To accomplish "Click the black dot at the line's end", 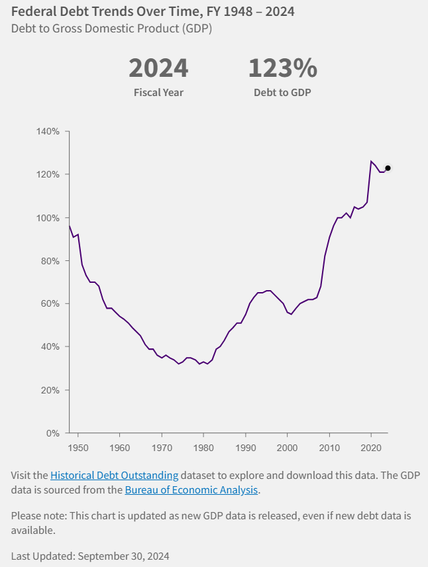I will pyautogui.click(x=388, y=168).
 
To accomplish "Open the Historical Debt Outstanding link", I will pyautogui.click(x=114, y=475).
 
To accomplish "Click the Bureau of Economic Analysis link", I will pyautogui.click(x=191, y=490).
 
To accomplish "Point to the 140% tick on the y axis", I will pyautogui.click(x=49, y=132).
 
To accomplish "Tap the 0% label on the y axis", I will pyautogui.click(x=53, y=433).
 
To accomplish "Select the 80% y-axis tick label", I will pyautogui.click(x=51, y=261).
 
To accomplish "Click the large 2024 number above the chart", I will pyautogui.click(x=158, y=68).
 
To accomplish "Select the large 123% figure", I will pyautogui.click(x=282, y=68).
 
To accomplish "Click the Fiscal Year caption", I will pyautogui.click(x=158, y=92).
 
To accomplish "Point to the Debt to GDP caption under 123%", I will pyautogui.click(x=282, y=92).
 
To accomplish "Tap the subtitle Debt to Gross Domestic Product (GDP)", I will pyautogui.click(x=111, y=29).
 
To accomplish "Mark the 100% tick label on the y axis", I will pyautogui.click(x=49, y=218).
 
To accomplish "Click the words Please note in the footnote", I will pyautogui.click(x=36, y=515).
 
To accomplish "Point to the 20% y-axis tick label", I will pyautogui.click(x=51, y=390).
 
